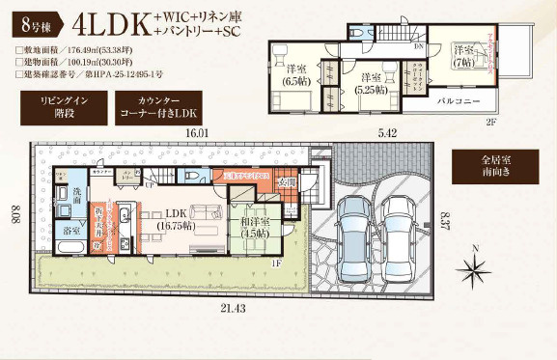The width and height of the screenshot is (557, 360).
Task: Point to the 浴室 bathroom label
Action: click(72, 232)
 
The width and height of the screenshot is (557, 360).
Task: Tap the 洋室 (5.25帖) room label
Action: click(372, 81)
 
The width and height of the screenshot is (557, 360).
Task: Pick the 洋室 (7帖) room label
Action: click(464, 55)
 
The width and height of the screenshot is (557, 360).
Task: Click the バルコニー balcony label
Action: click(460, 99)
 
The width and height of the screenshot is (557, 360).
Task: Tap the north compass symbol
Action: click(477, 261)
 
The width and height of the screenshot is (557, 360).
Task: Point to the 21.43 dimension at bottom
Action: click(236, 307)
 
